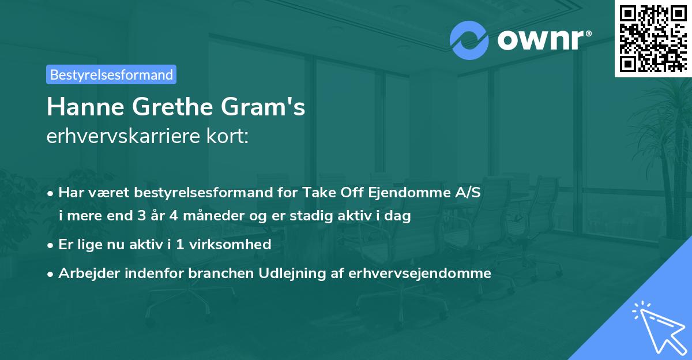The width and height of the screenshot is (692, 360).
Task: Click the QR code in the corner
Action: tap(653, 39)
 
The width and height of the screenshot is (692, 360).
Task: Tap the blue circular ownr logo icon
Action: tap(469, 40)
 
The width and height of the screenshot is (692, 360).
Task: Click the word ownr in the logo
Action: tap(539, 40)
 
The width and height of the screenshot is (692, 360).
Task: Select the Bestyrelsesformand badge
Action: tap(111, 74)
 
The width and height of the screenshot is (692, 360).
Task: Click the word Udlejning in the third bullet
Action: tap(317, 273)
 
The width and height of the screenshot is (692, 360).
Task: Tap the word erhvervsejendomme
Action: tap(420, 273)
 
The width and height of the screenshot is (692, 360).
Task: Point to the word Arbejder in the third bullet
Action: tap(85, 273)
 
